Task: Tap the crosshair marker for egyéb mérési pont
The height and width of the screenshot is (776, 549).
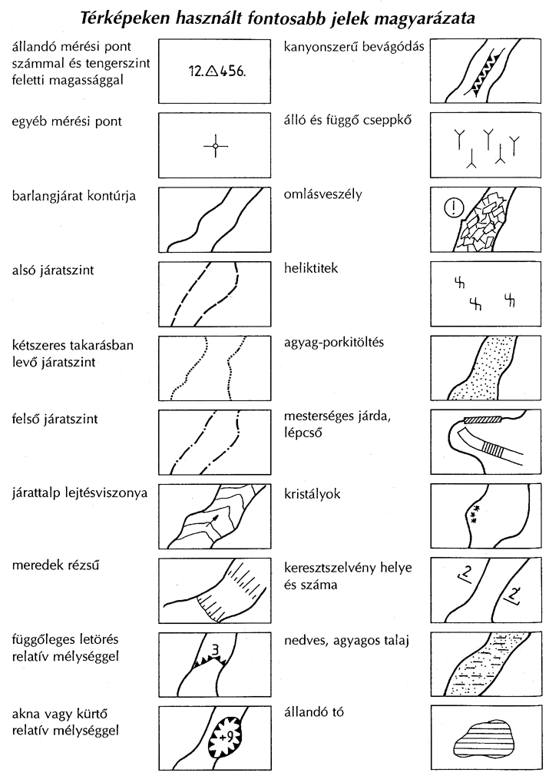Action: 216,146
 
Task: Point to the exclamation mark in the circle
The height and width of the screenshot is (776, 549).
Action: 455,207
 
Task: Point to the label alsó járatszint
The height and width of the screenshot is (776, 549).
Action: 60,270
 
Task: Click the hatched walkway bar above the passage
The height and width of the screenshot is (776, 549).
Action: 482,420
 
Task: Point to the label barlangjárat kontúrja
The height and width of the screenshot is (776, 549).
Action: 74,195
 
